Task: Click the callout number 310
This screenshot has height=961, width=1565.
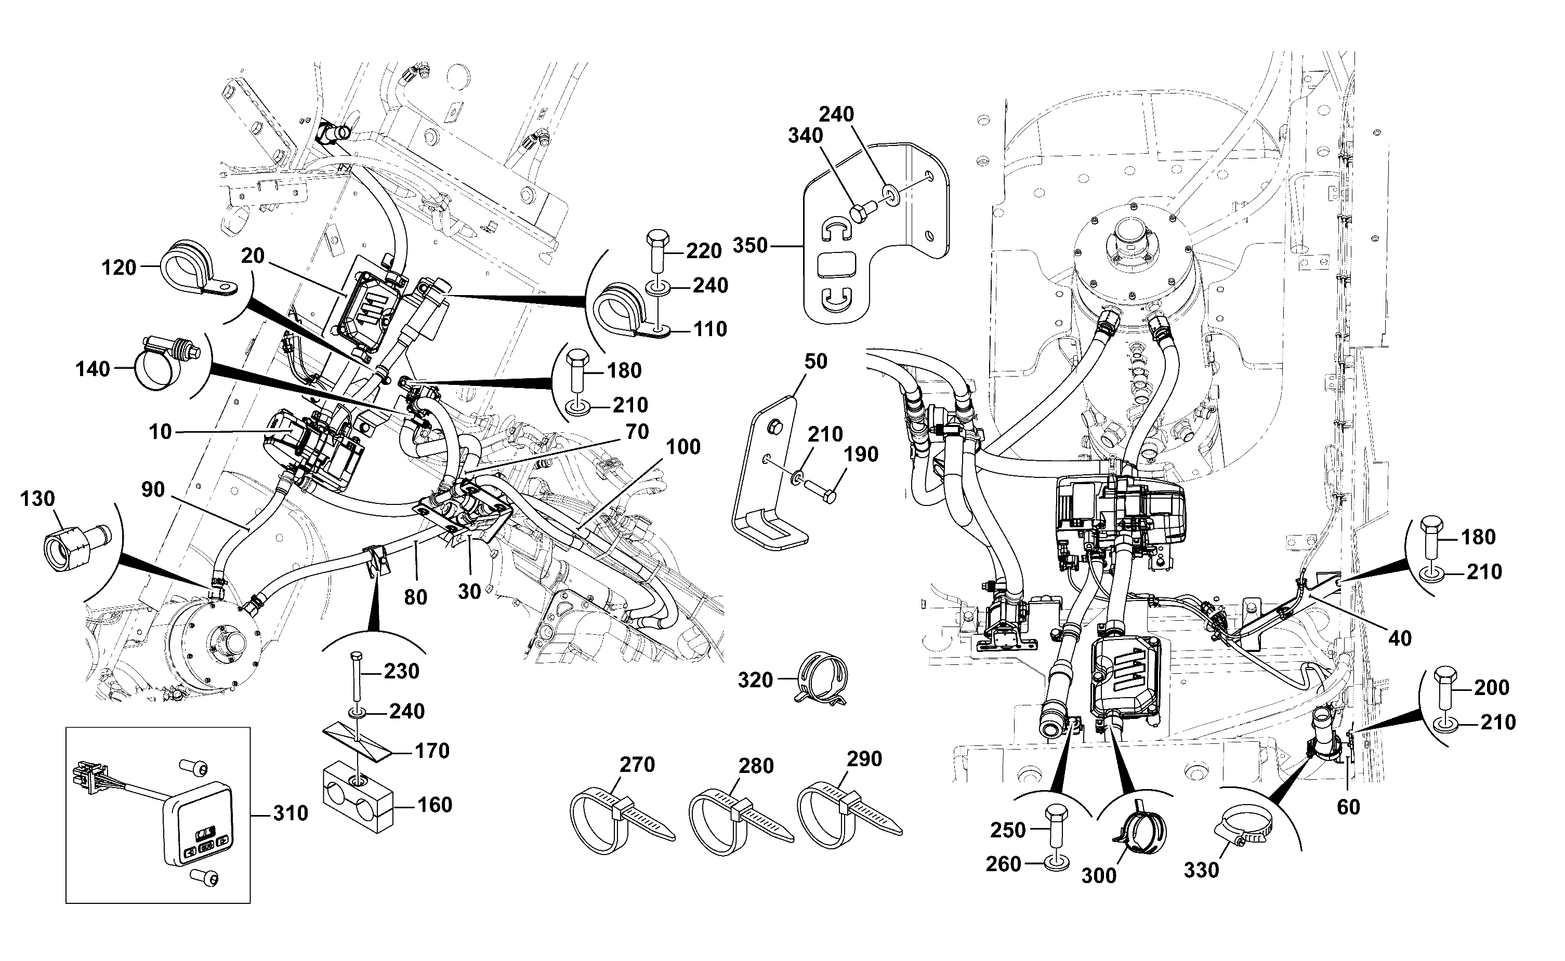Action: point(291,813)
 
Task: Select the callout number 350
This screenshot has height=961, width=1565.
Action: point(751,245)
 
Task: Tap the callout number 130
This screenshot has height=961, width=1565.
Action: point(37,499)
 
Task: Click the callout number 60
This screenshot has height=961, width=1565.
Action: point(1348,807)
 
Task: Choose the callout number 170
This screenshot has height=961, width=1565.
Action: point(432,751)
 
